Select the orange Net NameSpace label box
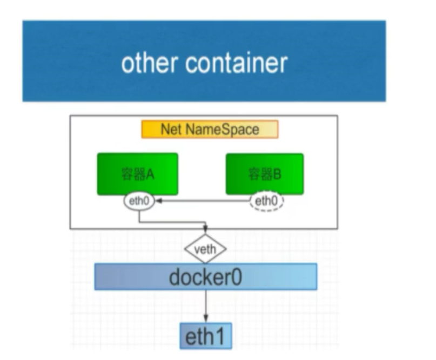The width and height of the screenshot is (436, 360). click(210, 130)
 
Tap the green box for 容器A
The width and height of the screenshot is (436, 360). click(138, 173)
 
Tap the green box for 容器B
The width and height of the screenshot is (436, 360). click(265, 173)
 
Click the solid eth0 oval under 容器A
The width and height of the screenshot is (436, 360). click(139, 201)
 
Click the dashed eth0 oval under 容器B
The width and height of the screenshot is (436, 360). click(266, 201)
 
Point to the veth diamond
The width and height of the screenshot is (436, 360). click(205, 249)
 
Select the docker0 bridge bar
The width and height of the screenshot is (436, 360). click(205, 277)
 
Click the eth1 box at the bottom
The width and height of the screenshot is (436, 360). click(205, 336)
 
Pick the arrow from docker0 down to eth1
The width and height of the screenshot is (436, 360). click(205, 305)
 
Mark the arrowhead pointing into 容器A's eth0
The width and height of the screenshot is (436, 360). click(159, 201)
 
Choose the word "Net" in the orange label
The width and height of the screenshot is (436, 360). click(170, 130)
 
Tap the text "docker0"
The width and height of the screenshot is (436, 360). click(205, 277)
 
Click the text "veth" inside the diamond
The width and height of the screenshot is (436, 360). click(205, 249)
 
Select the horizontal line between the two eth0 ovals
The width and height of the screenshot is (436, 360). click(203, 201)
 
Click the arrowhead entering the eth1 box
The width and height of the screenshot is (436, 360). click(205, 319)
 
